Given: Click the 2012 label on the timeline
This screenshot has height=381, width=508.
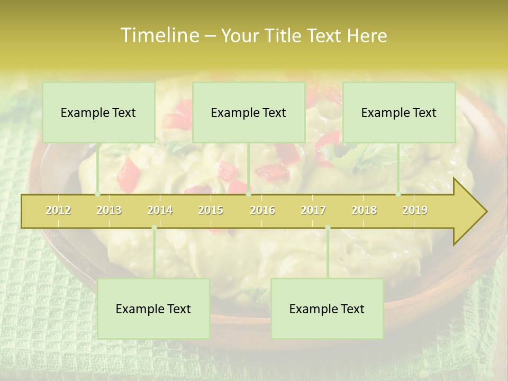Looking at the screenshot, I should [x=58, y=211].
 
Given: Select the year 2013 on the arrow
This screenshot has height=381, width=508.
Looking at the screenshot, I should [x=109, y=211].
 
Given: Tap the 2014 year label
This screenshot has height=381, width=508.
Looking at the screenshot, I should [x=160, y=211].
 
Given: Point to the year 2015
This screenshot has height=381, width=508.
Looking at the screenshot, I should [x=211, y=211].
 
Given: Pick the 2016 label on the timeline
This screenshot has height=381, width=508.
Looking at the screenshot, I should [x=262, y=211].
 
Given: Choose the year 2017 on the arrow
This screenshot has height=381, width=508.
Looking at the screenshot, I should [x=313, y=211].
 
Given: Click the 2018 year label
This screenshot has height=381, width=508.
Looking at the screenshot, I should [x=364, y=211].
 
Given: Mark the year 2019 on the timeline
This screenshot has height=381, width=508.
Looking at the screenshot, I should [x=415, y=211].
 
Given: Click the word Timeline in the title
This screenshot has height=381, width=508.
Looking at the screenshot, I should [x=159, y=35].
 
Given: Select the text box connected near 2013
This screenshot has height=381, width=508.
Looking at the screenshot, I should [x=98, y=112].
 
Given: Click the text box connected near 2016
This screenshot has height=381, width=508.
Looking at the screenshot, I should [x=249, y=112].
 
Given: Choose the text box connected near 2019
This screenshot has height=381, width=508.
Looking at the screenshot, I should [x=399, y=112].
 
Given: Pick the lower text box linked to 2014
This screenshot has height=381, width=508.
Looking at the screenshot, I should [x=153, y=309].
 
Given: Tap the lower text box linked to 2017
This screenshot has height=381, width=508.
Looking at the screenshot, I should [x=327, y=309].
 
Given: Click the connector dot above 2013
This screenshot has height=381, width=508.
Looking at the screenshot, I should [x=98, y=194].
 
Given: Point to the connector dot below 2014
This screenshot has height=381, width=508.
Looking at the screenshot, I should [x=154, y=228].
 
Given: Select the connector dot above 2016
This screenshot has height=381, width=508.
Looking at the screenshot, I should [x=249, y=194].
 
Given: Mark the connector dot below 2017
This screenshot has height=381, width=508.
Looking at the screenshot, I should [x=328, y=228].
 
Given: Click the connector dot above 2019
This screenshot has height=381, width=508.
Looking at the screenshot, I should [x=398, y=194].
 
